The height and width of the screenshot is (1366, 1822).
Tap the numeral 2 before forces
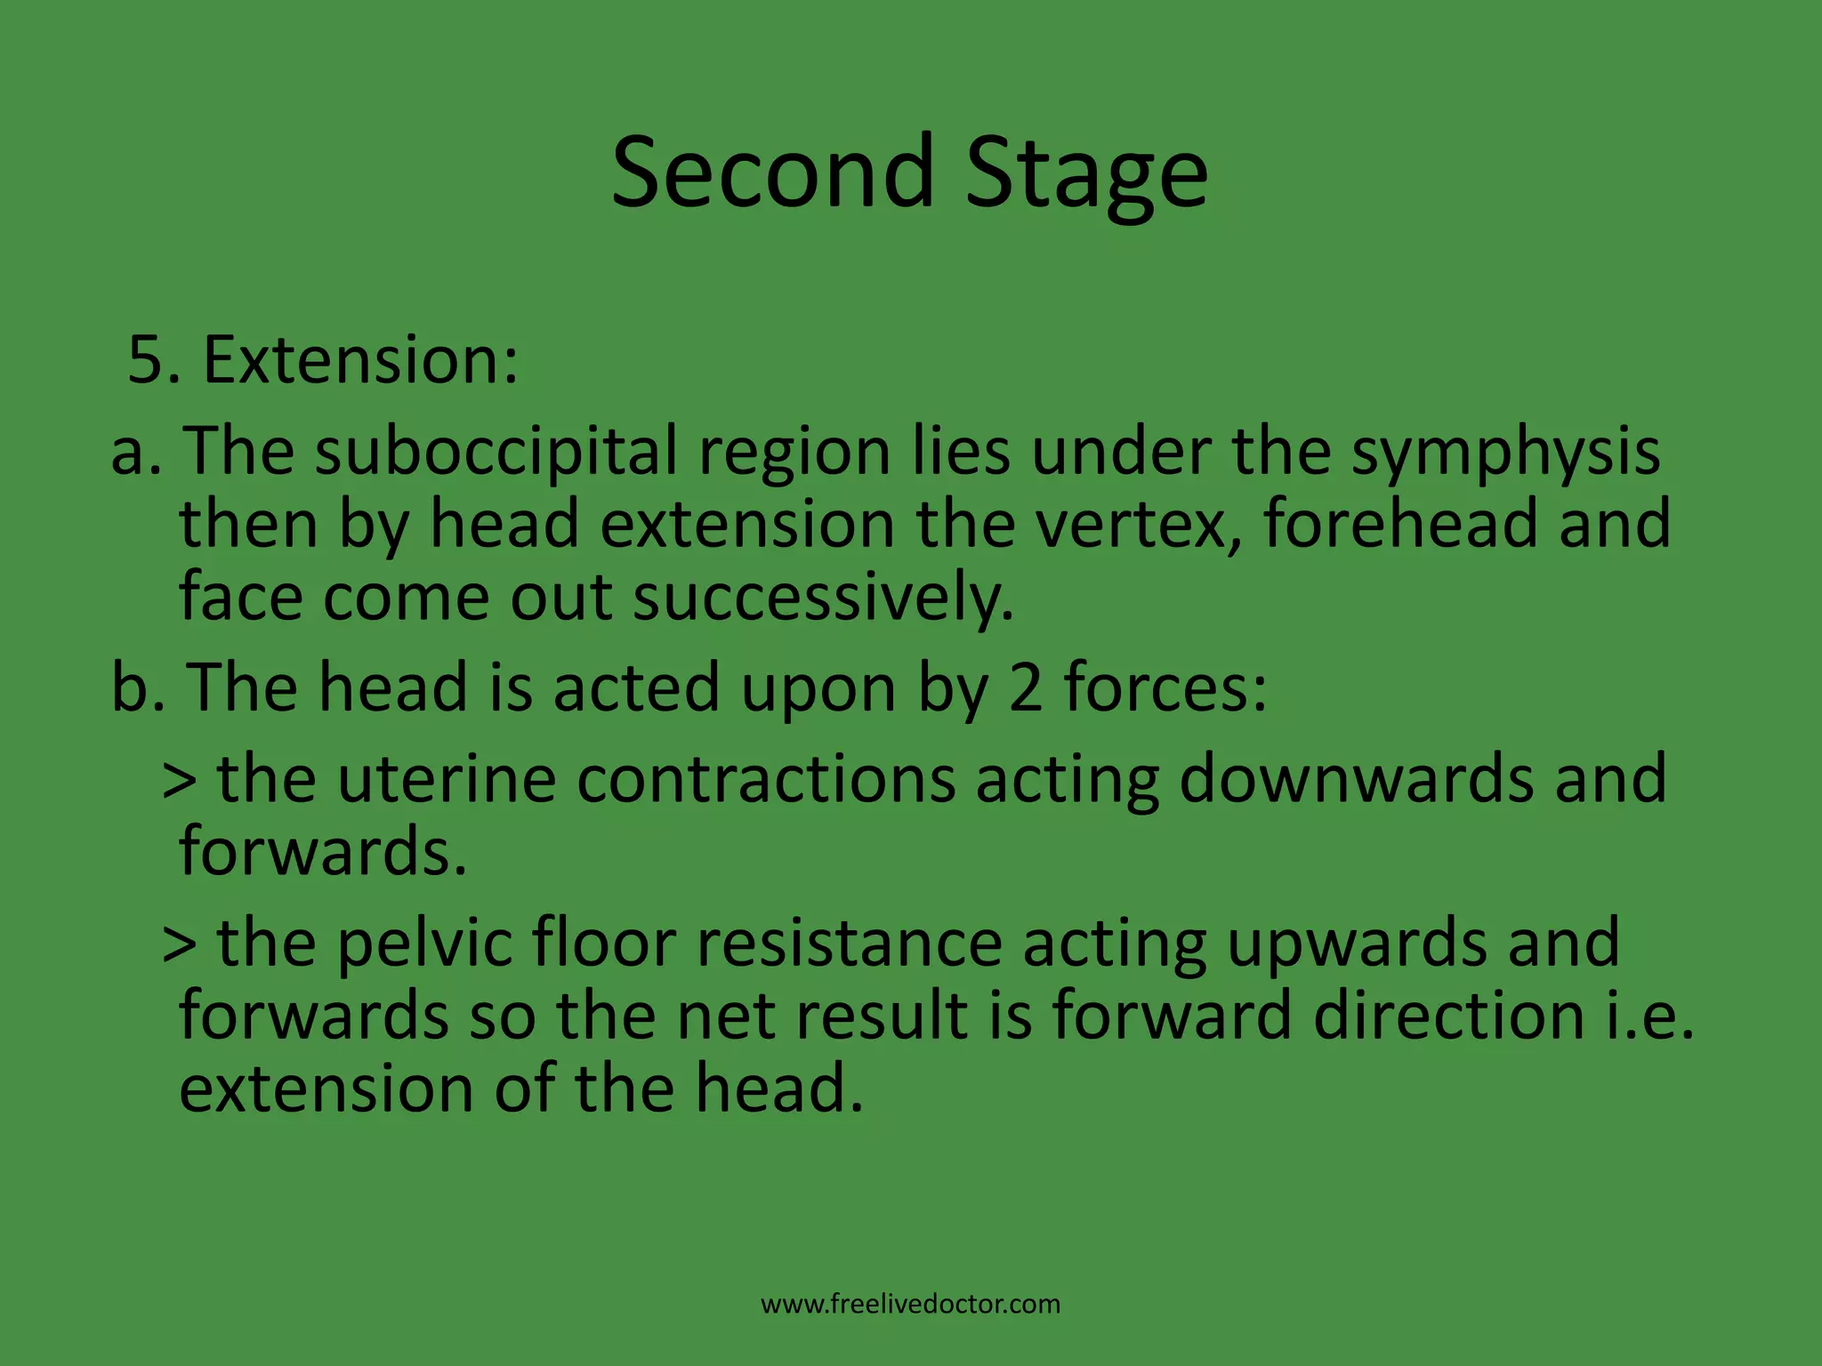pos(1026,687)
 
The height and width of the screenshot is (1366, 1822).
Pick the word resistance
pos(849,942)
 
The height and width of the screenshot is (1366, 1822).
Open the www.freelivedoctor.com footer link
pos(910,1304)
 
